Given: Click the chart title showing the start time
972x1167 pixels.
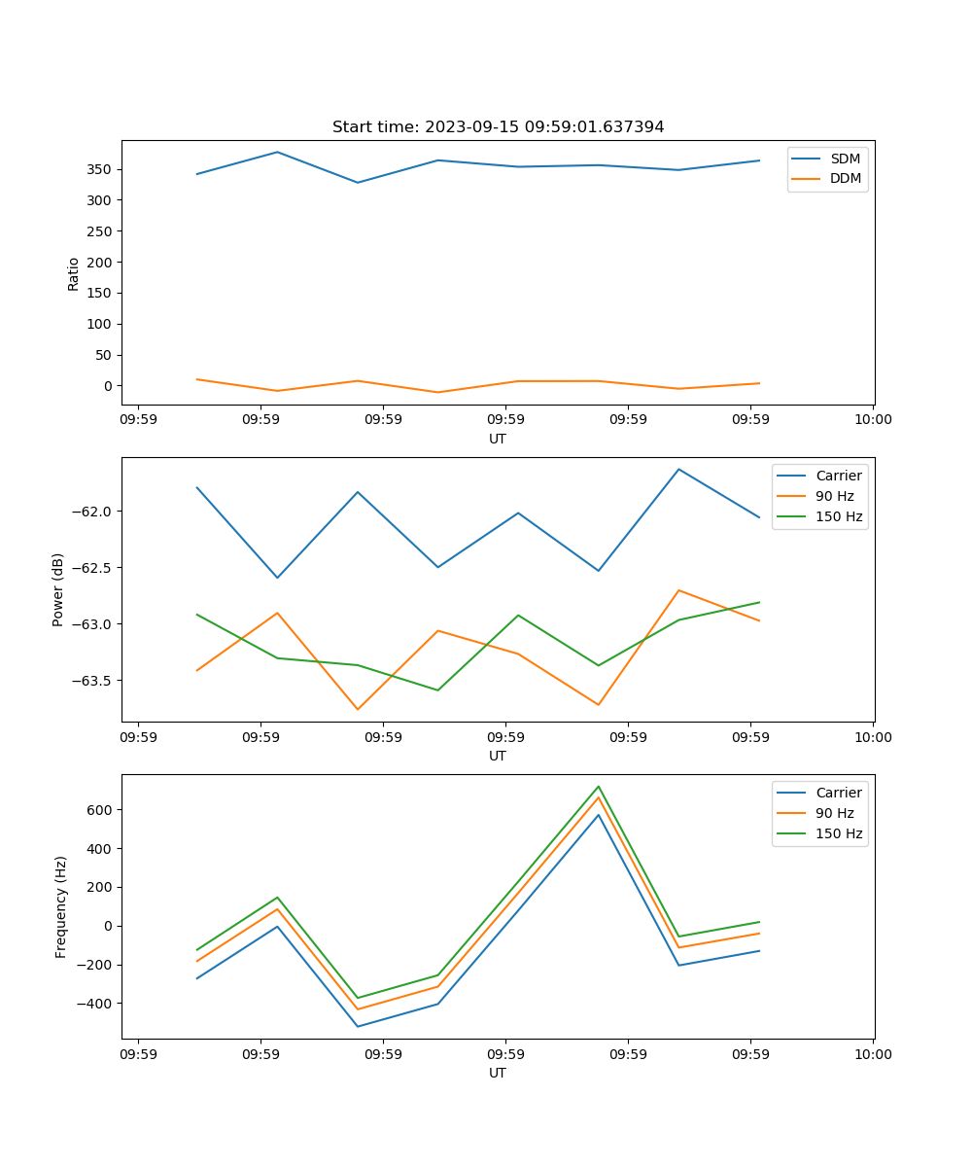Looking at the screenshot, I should tap(498, 127).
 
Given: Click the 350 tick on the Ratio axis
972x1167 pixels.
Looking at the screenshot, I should tap(99, 169).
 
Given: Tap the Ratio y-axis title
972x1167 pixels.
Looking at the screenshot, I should tap(74, 273).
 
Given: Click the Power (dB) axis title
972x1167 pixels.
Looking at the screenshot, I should tap(58, 589).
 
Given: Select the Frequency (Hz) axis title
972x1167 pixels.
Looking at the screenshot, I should tap(61, 906).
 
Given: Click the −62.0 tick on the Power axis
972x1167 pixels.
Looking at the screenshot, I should tap(88, 512).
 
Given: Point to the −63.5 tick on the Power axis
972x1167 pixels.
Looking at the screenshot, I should tap(88, 680).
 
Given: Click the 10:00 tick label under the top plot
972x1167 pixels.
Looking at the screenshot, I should tap(873, 420).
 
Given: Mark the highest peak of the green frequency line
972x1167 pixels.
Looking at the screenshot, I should tap(599, 786).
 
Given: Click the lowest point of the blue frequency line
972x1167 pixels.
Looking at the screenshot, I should tap(358, 1026).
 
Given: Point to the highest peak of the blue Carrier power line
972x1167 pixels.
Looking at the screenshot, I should tap(678, 470).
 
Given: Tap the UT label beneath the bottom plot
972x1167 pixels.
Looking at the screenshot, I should tap(498, 1073).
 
